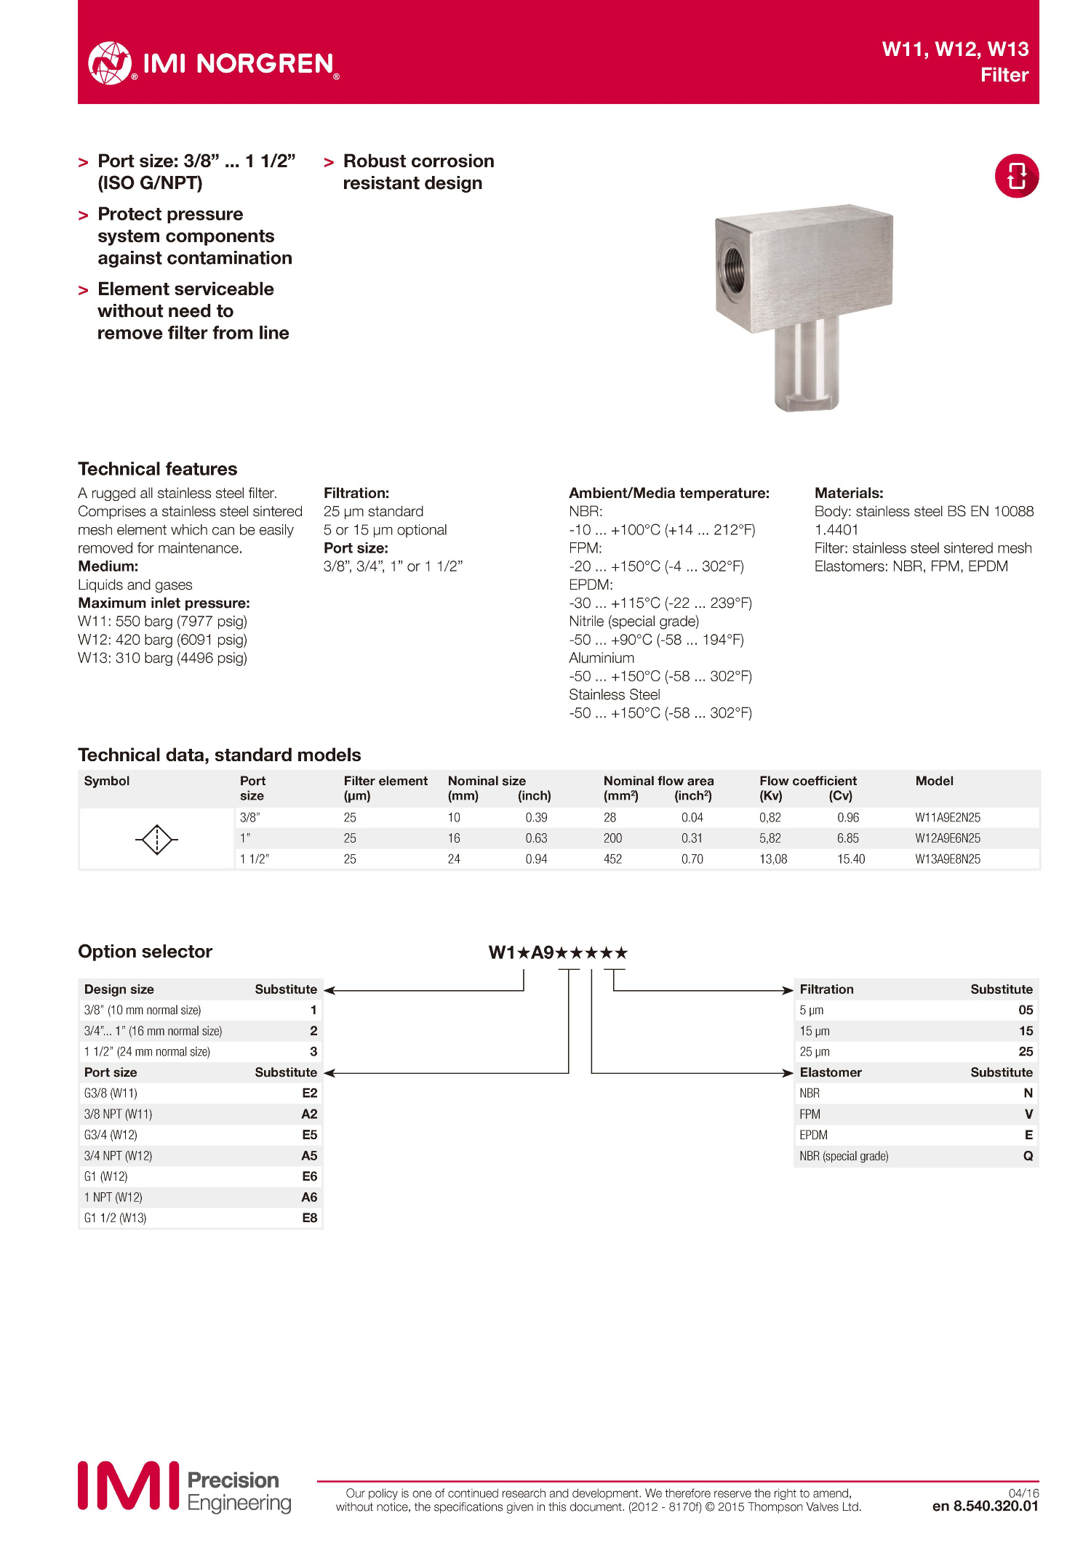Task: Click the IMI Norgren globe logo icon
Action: point(110,63)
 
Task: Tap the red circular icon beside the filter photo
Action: point(1016,176)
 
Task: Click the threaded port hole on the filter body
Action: point(732,270)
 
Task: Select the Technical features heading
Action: point(158,469)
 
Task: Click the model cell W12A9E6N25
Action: point(947,838)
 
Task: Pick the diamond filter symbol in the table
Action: point(156,840)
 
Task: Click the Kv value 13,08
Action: point(773,859)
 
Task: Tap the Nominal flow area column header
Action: point(658,781)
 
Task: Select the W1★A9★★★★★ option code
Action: point(558,952)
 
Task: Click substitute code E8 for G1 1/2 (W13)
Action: point(310,1218)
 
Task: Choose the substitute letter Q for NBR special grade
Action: point(1028,1156)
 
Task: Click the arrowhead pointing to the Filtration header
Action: point(788,990)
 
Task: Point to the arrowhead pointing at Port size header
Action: point(329,1073)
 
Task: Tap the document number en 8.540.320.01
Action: point(985,1506)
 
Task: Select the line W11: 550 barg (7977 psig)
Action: point(162,622)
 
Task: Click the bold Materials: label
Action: point(849,493)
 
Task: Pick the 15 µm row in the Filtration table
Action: point(916,1031)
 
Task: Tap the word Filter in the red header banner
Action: point(1004,75)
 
